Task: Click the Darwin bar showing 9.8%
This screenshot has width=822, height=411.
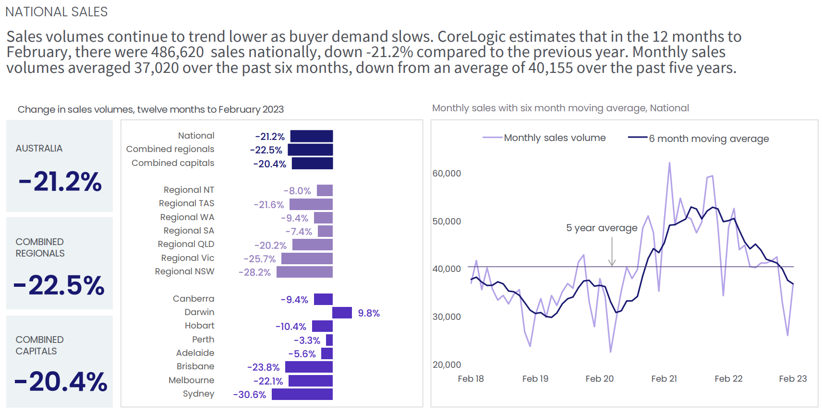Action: (342, 313)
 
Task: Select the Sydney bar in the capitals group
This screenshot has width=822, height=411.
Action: (302, 394)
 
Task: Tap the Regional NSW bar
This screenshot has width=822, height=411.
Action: (304, 272)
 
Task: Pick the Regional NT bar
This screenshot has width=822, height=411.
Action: (325, 190)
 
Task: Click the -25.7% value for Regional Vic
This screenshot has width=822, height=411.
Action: (259, 259)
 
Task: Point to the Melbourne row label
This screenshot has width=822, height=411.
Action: (191, 380)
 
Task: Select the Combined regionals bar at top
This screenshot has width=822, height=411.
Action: (310, 150)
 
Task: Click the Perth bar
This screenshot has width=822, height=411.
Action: (329, 340)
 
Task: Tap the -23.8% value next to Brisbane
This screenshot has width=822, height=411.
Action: (263, 367)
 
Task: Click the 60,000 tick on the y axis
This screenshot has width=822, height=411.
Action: (447, 174)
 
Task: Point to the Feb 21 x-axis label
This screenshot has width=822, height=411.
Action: (664, 379)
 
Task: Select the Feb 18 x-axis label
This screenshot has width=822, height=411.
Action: (471, 379)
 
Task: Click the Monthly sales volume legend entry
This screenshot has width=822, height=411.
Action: (555, 138)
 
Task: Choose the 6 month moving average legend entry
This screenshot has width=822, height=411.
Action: (709, 139)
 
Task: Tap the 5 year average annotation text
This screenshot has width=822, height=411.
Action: (602, 228)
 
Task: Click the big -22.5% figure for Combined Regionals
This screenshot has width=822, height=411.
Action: (60, 285)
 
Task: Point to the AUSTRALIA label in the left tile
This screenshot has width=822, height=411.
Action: (39, 149)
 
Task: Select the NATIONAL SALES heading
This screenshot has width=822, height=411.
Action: (57, 12)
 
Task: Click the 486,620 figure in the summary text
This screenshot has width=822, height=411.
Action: (177, 52)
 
